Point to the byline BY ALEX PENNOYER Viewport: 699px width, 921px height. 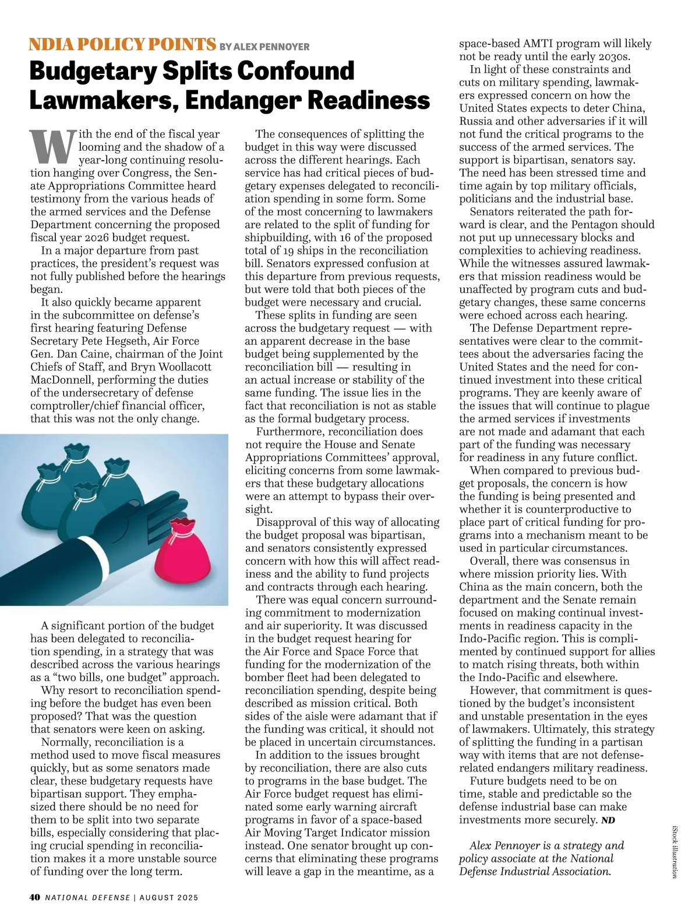pos(264,47)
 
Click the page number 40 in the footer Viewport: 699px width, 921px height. pos(34,897)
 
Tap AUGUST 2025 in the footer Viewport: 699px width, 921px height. pos(169,897)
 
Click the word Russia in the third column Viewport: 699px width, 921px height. pos(476,121)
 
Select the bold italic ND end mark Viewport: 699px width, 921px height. pos(608,820)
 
